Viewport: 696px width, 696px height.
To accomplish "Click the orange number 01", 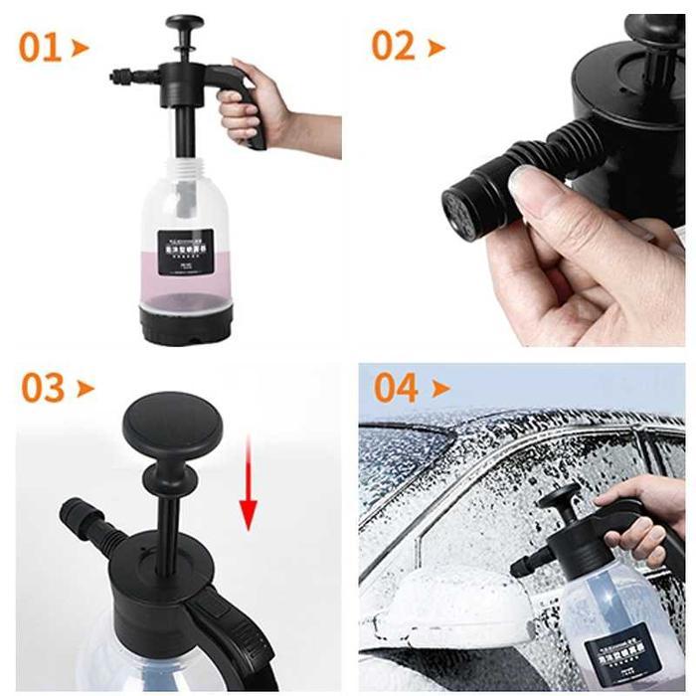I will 40,47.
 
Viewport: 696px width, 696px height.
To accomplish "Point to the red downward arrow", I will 248,486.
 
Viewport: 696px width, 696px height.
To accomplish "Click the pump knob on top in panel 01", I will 185,24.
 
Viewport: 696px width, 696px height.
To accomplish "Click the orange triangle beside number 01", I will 81,47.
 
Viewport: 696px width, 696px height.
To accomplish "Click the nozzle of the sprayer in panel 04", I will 521,568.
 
